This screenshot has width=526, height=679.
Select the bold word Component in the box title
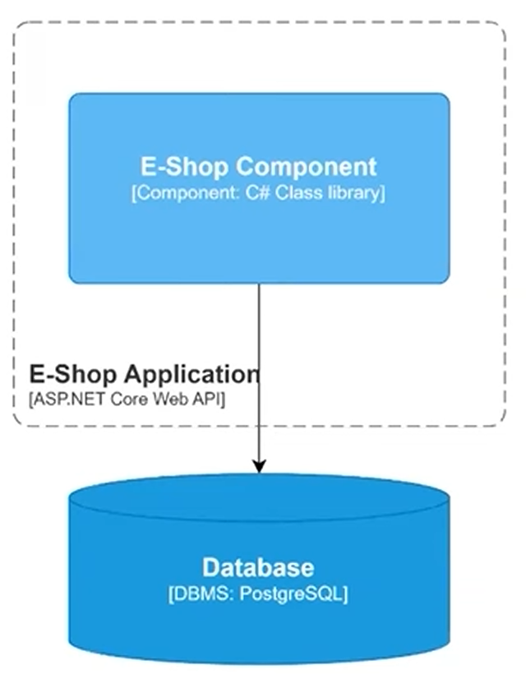307,166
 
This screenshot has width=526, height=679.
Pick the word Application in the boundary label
191,375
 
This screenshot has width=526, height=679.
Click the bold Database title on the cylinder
258,567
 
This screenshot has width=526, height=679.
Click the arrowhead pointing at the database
259,466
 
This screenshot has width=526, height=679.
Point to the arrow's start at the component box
259,286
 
